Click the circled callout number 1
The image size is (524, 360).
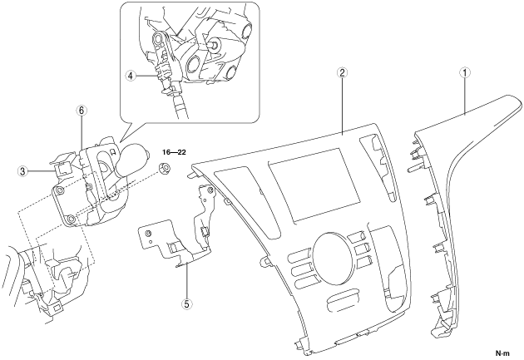pyautogui.click(x=465, y=72)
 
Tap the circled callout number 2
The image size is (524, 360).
pyautogui.click(x=342, y=72)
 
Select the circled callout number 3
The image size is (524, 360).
pyautogui.click(x=22, y=172)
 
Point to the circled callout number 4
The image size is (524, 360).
pyautogui.click(x=131, y=76)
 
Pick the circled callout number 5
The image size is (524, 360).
pyautogui.click(x=186, y=304)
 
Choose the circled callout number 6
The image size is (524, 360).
pyautogui.click(x=82, y=111)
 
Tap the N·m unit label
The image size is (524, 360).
pyautogui.click(x=503, y=353)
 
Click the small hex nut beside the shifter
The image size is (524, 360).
pyautogui.click(x=163, y=168)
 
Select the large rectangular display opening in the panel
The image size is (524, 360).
pyautogui.click(x=314, y=185)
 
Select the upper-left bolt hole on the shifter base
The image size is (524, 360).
pyautogui.click(x=60, y=190)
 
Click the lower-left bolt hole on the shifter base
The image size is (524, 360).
pyautogui.click(x=71, y=219)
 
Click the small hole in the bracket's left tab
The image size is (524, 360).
pyautogui.click(x=148, y=233)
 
